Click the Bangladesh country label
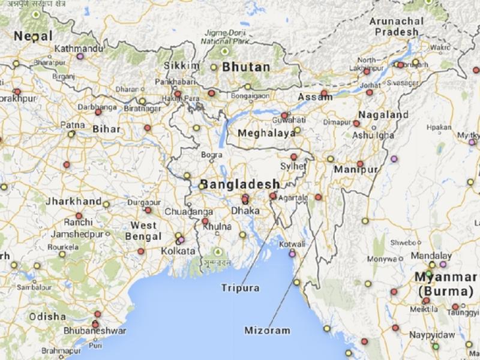point(240,184)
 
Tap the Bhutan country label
point(246,67)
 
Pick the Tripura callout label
point(240,288)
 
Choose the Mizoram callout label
point(268,331)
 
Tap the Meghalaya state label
point(267,133)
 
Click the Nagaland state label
point(383,115)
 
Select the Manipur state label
point(356,170)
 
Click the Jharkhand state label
point(73,201)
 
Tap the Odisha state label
point(47,316)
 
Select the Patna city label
point(73,125)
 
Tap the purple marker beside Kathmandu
point(79,56)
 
